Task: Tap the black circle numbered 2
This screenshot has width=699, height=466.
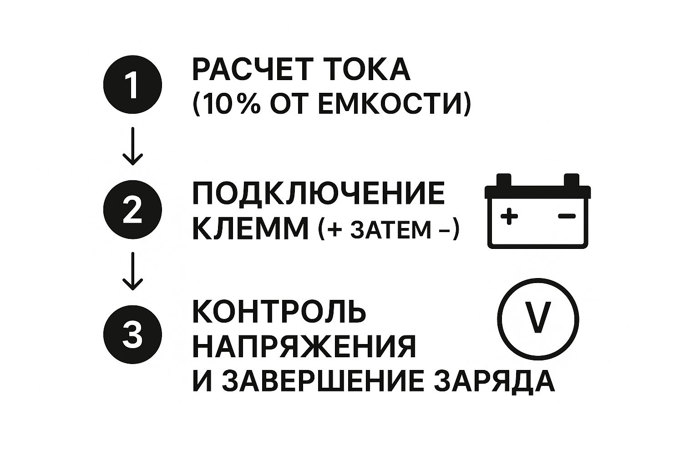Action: pos(132,210)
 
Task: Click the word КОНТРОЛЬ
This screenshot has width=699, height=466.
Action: pos(279,312)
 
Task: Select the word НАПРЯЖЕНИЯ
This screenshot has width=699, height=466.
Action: pos(304,347)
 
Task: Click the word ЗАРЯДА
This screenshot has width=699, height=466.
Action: pos(494,381)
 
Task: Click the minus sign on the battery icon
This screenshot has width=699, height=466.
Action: pos(567,216)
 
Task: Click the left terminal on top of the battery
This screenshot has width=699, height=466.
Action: pos(504,181)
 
